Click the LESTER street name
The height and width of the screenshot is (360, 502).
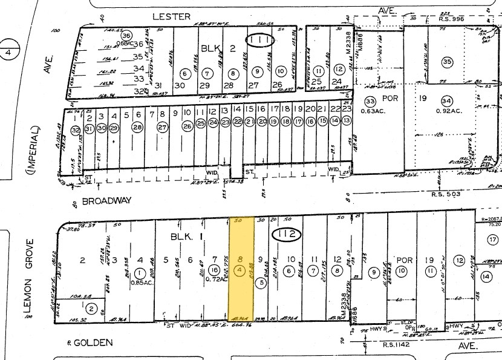coord(171,16)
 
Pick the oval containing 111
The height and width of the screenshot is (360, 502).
coord(259,41)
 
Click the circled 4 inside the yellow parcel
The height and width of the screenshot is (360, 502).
coord(241,269)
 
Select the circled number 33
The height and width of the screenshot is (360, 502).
coord(370,100)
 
